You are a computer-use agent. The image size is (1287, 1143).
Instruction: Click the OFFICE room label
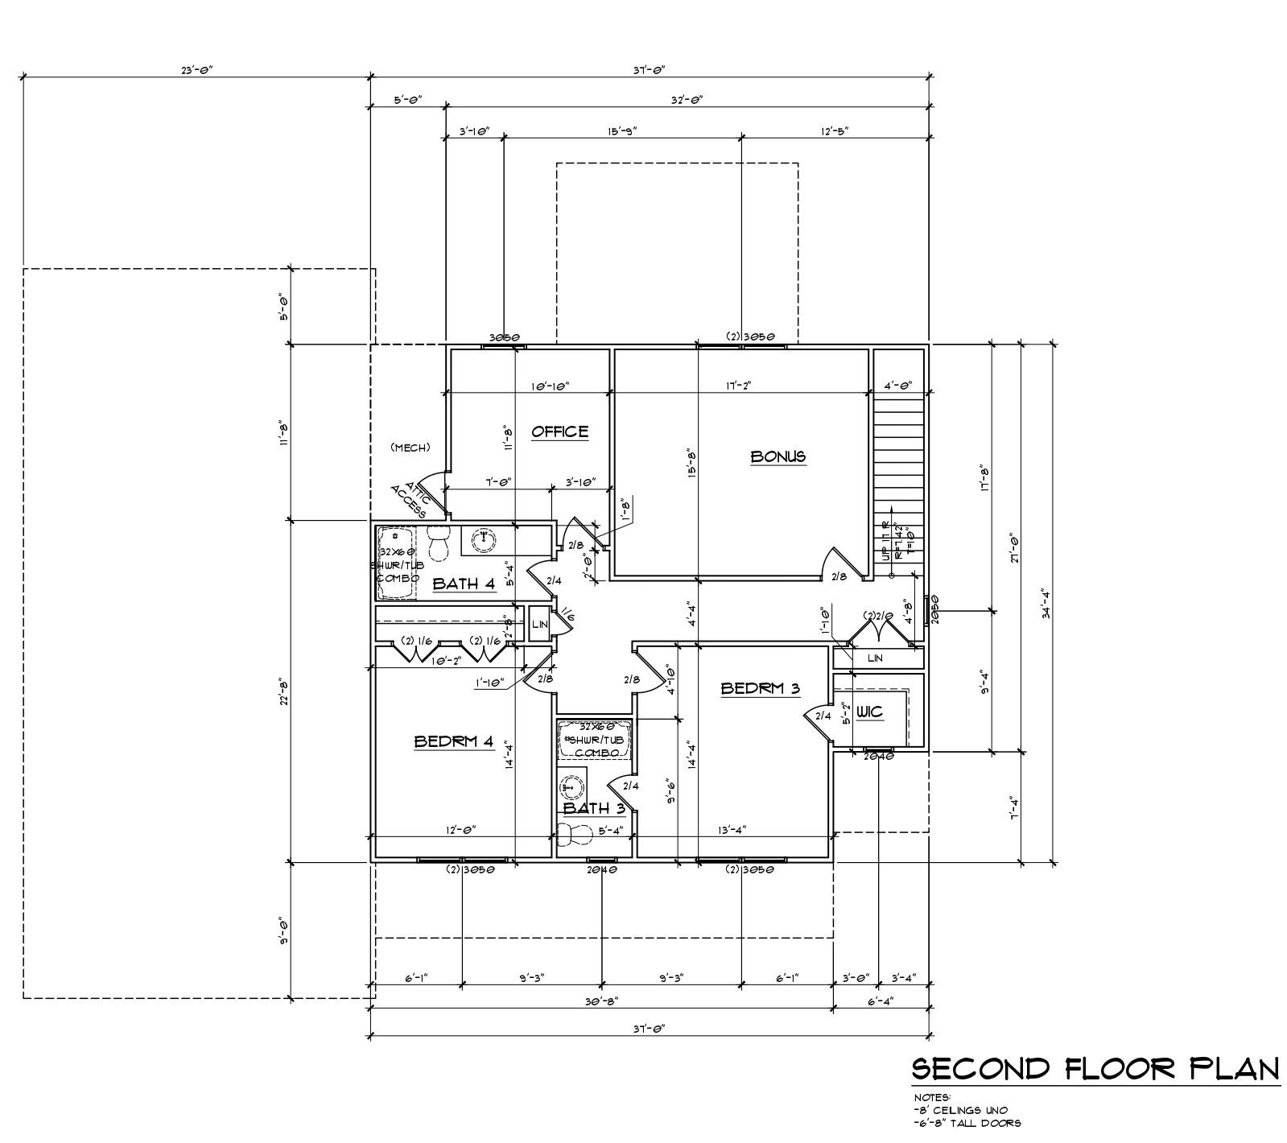pyautogui.click(x=560, y=432)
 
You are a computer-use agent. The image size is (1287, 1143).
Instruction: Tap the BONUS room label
pyautogui.click(x=778, y=456)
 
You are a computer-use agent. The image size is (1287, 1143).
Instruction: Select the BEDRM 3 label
pyautogui.click(x=760, y=688)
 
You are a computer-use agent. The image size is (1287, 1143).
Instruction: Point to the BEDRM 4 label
pyautogui.click(x=453, y=741)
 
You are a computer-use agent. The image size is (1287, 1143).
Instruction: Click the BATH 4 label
pyautogui.click(x=464, y=584)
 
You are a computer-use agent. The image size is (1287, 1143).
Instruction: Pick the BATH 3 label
pyautogui.click(x=594, y=808)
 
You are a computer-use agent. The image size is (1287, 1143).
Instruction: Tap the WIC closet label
pyautogui.click(x=869, y=712)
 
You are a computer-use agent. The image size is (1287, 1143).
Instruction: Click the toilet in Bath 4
pyautogui.click(x=438, y=542)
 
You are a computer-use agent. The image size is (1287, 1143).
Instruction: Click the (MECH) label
pyautogui.click(x=410, y=448)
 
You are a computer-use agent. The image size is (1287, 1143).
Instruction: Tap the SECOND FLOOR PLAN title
pyautogui.click(x=1095, y=1069)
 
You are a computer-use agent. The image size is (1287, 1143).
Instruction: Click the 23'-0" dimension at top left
pyautogui.click(x=196, y=70)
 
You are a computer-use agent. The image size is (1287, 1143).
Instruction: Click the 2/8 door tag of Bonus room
pyautogui.click(x=839, y=576)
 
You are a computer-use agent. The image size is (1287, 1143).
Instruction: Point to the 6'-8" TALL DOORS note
pyautogui.click(x=967, y=1123)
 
